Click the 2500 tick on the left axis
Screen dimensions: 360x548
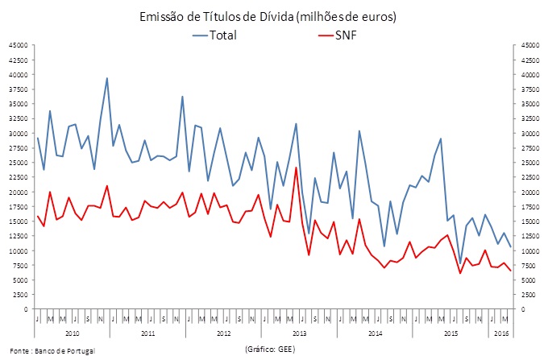click(21, 295)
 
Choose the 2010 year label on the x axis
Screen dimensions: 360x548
click(71, 333)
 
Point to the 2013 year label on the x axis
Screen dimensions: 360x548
click(298, 333)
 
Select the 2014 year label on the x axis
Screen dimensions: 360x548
click(374, 333)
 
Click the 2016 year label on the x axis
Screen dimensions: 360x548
click(500, 333)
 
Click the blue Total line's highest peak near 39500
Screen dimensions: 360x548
click(107, 78)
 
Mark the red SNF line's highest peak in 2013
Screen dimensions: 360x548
click(296, 168)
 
